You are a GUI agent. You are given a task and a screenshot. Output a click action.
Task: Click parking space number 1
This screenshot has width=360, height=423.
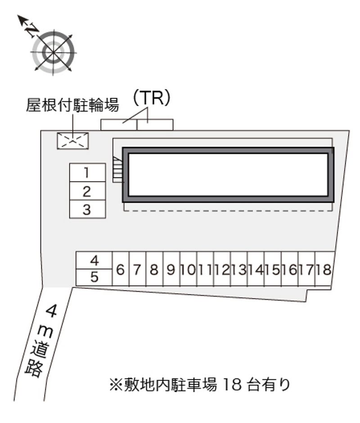pyautogui.click(x=87, y=172)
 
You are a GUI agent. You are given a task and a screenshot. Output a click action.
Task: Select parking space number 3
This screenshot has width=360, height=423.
pyautogui.click(x=87, y=209)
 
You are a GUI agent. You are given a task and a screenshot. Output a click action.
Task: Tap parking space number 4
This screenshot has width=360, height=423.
pyautogui.click(x=94, y=260)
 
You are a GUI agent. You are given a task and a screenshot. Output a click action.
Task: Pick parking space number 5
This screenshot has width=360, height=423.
pyautogui.click(x=94, y=277)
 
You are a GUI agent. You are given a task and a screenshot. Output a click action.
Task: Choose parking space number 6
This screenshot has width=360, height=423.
pyautogui.click(x=121, y=269)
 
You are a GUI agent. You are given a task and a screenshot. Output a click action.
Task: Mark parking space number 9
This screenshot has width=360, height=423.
pyautogui.click(x=171, y=269)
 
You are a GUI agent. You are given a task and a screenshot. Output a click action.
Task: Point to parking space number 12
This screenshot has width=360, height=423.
pyautogui.click(x=222, y=269)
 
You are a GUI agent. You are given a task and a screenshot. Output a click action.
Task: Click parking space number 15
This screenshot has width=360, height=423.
pyautogui.click(x=273, y=269)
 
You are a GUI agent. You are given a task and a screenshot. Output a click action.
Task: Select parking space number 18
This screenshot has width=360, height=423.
pyautogui.click(x=324, y=269)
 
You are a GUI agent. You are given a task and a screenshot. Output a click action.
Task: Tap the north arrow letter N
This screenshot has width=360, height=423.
pyautogui.click(x=32, y=29)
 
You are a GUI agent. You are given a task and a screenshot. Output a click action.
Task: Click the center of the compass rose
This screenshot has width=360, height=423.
pyautogui.click(x=53, y=52)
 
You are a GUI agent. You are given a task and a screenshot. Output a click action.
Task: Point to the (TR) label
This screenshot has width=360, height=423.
pyautogui.click(x=152, y=98)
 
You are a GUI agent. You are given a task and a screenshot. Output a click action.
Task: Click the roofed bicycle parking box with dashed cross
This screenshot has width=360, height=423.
pyautogui.click(x=72, y=141)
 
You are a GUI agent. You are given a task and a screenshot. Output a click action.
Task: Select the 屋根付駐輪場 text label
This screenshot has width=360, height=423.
pyautogui.click(x=72, y=105)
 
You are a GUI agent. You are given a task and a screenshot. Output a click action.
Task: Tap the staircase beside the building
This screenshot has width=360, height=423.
pyautogui.click(x=118, y=169)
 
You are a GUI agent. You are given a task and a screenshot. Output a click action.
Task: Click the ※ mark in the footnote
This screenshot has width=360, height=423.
pyautogui.click(x=116, y=385)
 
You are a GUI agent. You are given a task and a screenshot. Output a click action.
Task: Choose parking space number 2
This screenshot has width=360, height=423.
pyautogui.click(x=87, y=191)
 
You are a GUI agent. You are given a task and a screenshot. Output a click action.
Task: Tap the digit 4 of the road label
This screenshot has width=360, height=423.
pyautogui.click(x=52, y=311)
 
